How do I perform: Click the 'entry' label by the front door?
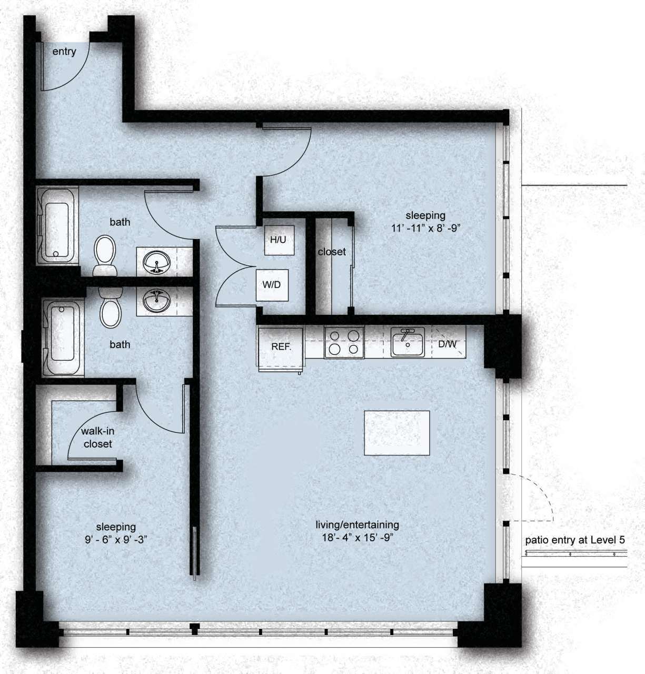64,52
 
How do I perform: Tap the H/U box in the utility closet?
278,240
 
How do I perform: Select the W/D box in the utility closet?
272,285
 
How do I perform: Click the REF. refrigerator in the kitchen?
281,347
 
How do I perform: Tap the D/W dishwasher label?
448,344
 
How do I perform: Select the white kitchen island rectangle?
397,433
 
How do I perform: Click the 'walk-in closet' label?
97,438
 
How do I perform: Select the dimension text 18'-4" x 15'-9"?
357,538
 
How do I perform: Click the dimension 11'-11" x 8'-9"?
425,228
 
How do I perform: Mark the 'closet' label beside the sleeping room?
332,252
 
